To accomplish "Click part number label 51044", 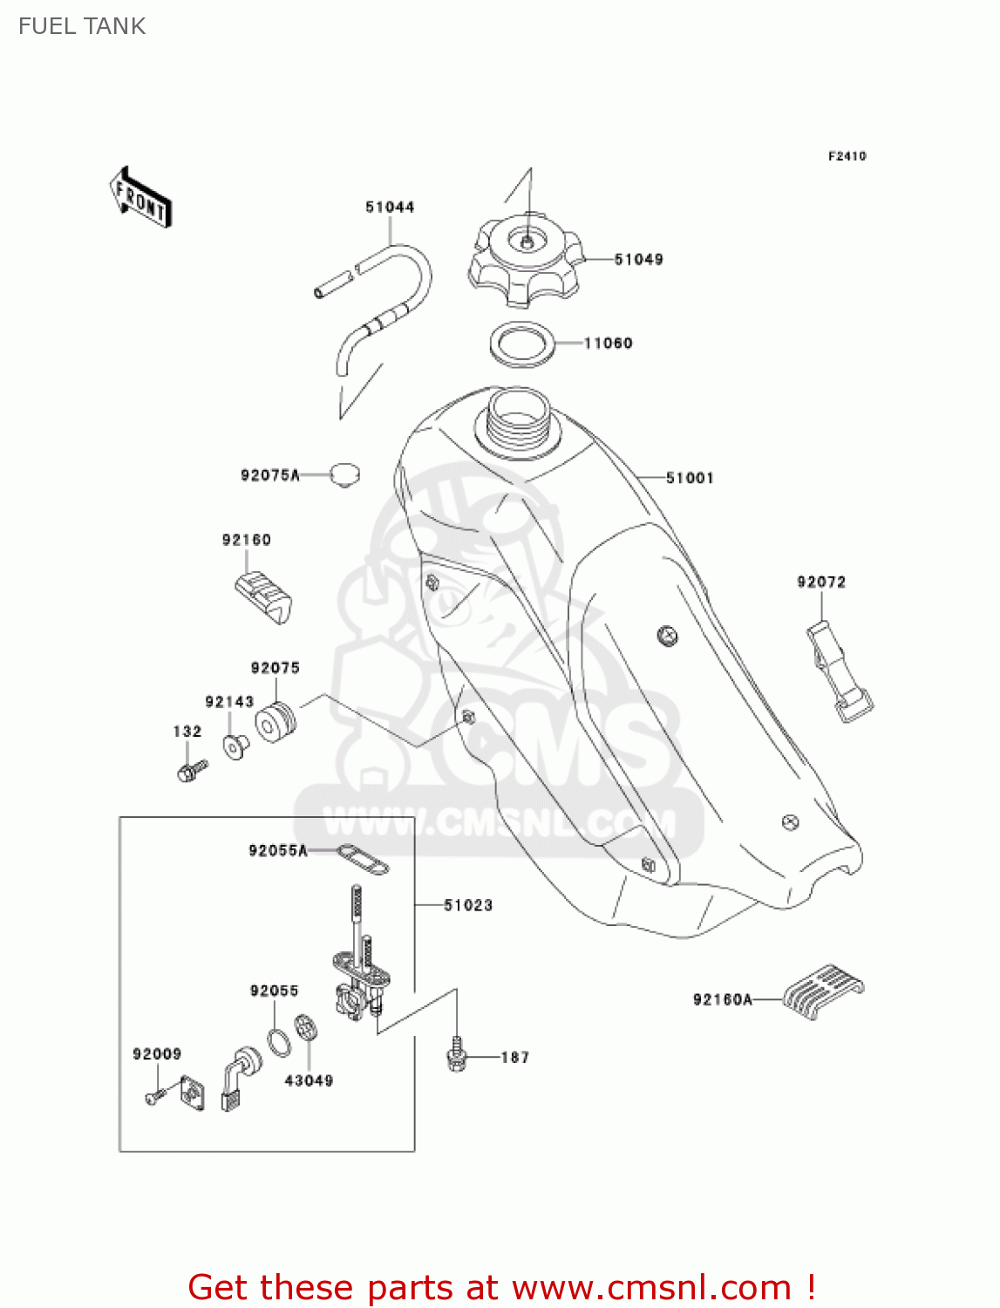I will pyautogui.click(x=390, y=207).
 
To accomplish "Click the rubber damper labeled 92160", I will pyautogui.click(x=263, y=596).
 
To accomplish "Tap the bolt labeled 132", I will pyautogui.click(x=191, y=770).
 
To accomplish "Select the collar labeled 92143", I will pyautogui.click(x=235, y=746).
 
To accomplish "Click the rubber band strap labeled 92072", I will pyautogui.click(x=839, y=671).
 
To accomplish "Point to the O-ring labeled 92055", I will pyautogui.click(x=279, y=1041).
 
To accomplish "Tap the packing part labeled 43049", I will pyautogui.click(x=305, y=1028).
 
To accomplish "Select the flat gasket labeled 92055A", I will pyautogui.click(x=362, y=858).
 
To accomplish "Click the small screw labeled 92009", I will pyautogui.click(x=153, y=1097).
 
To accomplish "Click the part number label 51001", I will pyautogui.click(x=690, y=478).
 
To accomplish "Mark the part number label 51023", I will pyautogui.click(x=468, y=905).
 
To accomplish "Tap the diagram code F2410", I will pyautogui.click(x=847, y=156).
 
